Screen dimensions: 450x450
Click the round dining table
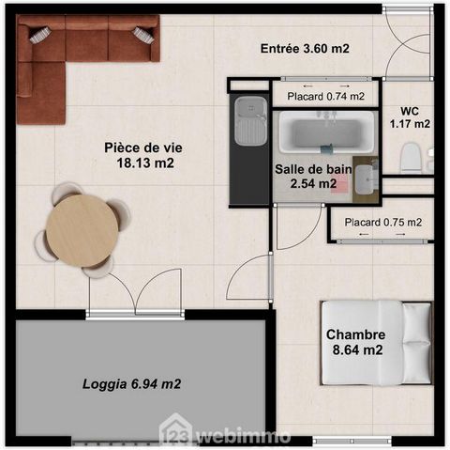[x=82, y=231]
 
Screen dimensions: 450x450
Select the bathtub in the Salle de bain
[x=326, y=132]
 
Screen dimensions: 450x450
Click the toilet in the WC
[x=410, y=158]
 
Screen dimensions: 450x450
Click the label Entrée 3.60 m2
[x=305, y=49]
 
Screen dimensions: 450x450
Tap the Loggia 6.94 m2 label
[x=132, y=384]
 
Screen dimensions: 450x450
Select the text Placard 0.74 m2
[x=326, y=97]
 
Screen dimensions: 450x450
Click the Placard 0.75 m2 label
[x=383, y=223]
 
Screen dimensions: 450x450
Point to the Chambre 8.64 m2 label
[x=356, y=342]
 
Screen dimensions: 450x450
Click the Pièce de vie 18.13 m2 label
[x=143, y=155]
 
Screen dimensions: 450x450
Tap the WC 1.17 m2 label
[x=410, y=117]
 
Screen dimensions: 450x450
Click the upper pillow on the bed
[x=416, y=322]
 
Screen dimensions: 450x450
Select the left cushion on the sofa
[x=40, y=35]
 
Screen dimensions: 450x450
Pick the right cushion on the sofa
[x=143, y=35]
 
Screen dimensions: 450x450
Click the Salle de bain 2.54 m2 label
[x=313, y=177]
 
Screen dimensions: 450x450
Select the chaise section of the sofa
[x=41, y=93]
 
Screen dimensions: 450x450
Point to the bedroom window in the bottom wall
[x=352, y=441]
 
